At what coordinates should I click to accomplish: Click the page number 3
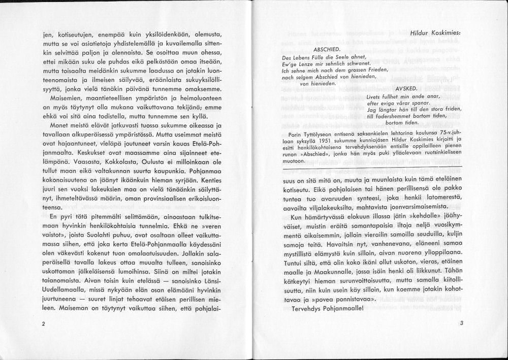(461, 323)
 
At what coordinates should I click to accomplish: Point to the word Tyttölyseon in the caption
(321, 135)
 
